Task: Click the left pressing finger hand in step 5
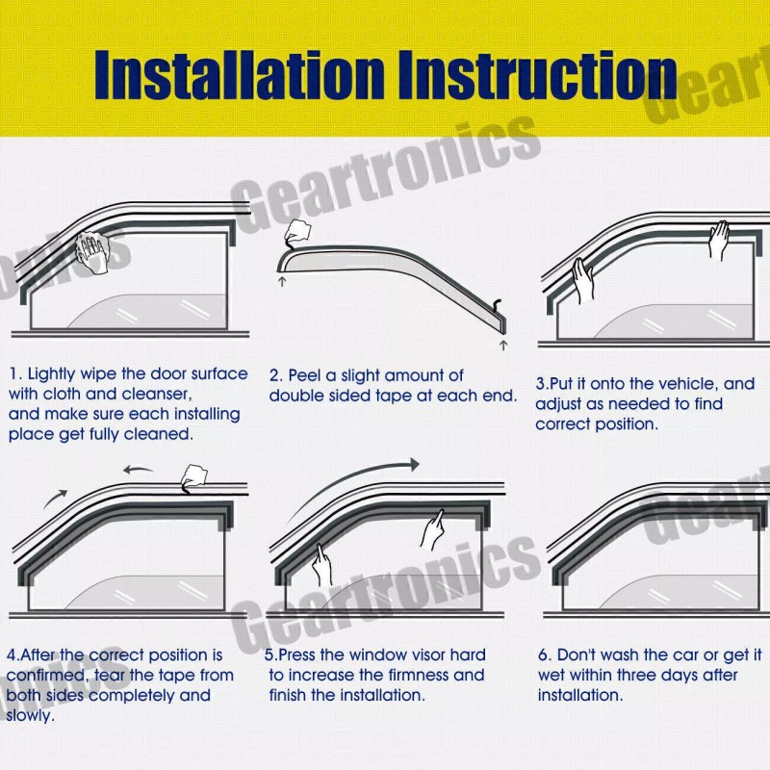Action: point(321,563)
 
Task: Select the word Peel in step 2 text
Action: point(306,374)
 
